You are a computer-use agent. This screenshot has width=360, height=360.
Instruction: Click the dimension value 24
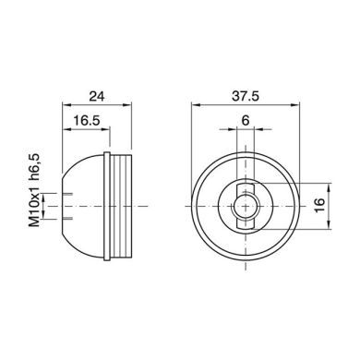97,96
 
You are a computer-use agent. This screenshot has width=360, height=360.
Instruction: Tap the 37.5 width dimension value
246,96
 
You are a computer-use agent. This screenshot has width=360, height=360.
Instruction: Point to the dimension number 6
246,120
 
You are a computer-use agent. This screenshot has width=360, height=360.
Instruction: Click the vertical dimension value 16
320,205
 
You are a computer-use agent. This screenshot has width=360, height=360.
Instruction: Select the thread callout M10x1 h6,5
35,191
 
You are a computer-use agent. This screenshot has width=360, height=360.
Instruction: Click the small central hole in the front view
246,206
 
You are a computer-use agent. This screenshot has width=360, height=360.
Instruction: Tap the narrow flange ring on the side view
107,206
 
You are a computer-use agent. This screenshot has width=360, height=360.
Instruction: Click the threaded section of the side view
121,206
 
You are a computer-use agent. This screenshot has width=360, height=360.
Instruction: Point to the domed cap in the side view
83,206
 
